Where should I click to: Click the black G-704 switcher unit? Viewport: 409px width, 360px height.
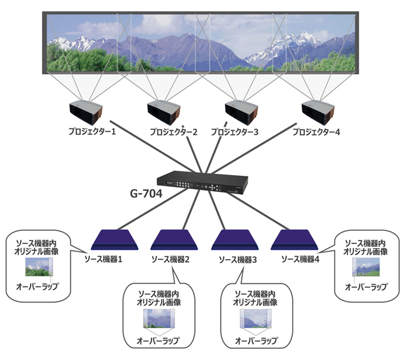205,183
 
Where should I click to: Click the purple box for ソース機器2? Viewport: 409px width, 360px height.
171,239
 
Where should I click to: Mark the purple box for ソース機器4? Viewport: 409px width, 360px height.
295,239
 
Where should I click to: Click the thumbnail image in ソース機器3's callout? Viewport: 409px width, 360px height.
252,318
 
